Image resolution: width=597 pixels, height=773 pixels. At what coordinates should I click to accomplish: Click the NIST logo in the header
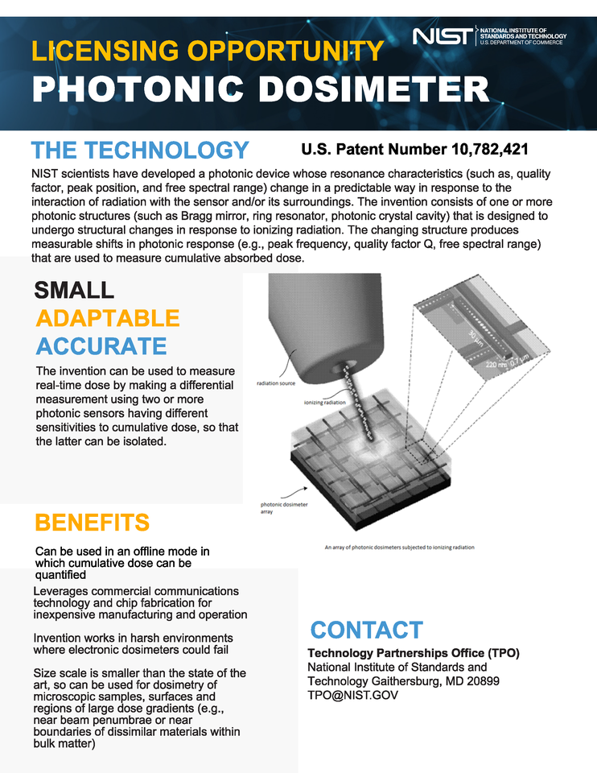[x=443, y=36]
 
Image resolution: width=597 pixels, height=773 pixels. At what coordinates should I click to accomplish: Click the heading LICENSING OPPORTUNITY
[x=207, y=52]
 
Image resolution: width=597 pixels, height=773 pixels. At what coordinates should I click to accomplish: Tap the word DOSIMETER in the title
[x=356, y=89]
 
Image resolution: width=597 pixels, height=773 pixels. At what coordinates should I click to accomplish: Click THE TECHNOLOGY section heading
[x=139, y=151]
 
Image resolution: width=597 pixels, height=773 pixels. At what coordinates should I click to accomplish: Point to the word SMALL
[x=75, y=290]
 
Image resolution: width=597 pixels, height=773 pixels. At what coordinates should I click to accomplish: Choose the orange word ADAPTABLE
[x=107, y=318]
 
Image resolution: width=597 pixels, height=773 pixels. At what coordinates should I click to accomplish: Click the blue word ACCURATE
[x=101, y=346]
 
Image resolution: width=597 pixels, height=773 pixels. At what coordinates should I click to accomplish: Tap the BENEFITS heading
[x=92, y=523]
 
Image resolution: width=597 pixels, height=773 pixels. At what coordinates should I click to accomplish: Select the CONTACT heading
[x=366, y=630]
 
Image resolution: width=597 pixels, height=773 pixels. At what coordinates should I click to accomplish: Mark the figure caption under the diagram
[x=399, y=548]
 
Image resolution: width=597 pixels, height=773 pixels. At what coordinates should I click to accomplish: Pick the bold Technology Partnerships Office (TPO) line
[x=414, y=653]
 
